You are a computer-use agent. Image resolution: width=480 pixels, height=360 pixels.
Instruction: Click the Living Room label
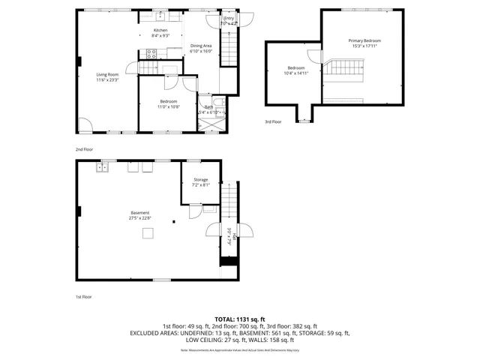[107, 74]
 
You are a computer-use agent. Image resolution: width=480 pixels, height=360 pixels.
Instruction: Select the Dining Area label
[201, 46]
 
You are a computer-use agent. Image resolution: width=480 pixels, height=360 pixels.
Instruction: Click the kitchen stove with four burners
[151, 53]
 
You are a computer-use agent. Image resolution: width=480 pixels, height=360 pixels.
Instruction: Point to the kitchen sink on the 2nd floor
[160, 16]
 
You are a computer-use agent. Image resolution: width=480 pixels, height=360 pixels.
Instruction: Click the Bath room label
[208, 107]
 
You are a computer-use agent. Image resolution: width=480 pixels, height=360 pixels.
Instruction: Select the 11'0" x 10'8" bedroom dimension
[168, 106]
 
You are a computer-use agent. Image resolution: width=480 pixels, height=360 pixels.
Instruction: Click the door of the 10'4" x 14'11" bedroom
[313, 57]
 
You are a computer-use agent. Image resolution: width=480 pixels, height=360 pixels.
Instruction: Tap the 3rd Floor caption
[272, 121]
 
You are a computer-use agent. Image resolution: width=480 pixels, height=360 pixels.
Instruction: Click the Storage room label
[200, 180]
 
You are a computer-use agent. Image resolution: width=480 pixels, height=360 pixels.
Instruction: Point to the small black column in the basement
[173, 221]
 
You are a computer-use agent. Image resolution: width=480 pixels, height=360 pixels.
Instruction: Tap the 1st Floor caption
[83, 297]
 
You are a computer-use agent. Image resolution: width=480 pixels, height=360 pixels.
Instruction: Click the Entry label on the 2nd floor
[228, 20]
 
